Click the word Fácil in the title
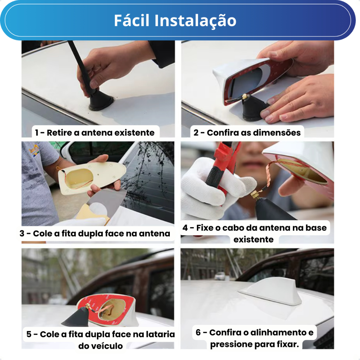(132, 20)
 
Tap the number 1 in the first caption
(37, 133)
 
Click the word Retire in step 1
(59, 133)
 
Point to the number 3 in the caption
(22, 233)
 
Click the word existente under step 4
(253, 239)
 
